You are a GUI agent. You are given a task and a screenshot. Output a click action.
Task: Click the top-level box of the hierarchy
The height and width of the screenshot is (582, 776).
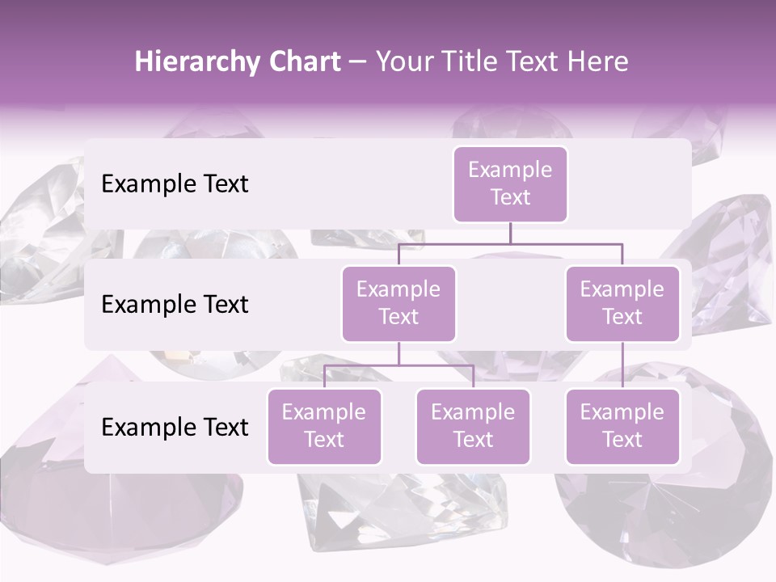click(510, 184)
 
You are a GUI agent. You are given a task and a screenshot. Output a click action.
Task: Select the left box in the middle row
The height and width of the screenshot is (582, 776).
click(399, 304)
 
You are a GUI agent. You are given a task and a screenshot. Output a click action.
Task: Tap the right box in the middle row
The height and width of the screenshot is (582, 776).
click(622, 304)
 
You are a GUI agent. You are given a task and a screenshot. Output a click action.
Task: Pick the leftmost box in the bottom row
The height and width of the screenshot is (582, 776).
click(324, 427)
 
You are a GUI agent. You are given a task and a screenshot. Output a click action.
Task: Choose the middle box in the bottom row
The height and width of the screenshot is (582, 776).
click(473, 427)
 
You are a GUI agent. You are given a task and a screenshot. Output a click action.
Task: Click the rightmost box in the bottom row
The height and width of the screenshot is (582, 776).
click(622, 427)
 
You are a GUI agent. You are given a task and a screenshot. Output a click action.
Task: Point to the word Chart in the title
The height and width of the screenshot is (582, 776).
click(306, 62)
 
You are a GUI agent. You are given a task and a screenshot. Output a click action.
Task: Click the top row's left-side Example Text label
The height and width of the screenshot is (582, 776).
click(175, 184)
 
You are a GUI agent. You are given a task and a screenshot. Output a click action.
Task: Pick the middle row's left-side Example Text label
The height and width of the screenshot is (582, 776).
click(175, 305)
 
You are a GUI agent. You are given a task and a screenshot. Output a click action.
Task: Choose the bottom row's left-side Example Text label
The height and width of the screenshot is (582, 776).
click(175, 428)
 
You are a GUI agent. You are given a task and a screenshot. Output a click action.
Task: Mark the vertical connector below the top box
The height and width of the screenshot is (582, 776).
click(510, 233)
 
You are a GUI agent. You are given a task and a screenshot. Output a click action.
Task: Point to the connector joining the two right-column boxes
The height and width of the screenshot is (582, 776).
click(622, 365)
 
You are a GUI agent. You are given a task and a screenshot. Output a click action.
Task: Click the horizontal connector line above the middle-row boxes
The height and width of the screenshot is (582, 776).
click(510, 243)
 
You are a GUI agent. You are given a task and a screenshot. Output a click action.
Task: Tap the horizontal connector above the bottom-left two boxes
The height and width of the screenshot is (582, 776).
click(399, 365)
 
